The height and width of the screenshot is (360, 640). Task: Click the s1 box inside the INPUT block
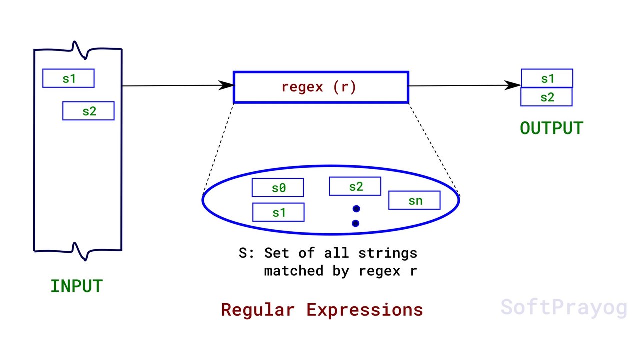click(68, 78)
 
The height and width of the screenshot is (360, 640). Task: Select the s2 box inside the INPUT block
click(88, 111)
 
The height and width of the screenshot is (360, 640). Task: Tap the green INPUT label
click(76, 286)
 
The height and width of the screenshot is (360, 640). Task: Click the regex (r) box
click(320, 87)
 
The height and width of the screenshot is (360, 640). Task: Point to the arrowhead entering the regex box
click(227, 85)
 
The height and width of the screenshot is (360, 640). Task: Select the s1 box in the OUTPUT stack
click(547, 78)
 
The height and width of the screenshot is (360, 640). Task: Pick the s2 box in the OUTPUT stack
click(546, 97)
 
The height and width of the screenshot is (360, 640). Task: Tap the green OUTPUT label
click(551, 128)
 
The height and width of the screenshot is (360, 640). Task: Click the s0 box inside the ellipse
click(278, 188)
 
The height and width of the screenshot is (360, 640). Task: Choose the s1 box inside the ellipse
click(278, 212)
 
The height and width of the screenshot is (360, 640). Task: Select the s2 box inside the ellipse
click(355, 186)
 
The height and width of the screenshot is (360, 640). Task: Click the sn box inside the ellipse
click(414, 200)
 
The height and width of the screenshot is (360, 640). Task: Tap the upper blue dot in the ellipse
click(356, 209)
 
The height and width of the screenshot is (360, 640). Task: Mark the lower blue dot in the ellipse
click(355, 223)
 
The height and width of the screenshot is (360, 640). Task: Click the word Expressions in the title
click(365, 310)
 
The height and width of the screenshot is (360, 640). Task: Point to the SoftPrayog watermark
click(563, 307)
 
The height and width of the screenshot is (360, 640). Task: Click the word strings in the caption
click(387, 253)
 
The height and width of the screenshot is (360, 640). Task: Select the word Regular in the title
click(258, 310)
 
